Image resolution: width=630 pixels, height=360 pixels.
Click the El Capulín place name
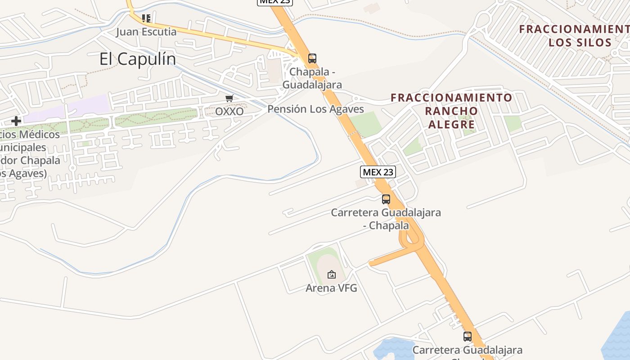(137, 59)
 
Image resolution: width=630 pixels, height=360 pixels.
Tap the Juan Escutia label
(146, 32)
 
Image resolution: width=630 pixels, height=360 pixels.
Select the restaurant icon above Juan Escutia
(146, 18)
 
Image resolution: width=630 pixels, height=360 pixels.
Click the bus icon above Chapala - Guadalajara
(312, 58)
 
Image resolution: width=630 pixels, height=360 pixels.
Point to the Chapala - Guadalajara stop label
(312, 78)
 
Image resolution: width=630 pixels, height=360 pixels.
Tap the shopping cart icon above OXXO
(229, 99)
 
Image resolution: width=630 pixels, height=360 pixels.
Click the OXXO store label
(229, 111)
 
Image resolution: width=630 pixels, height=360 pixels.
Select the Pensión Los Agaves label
(315, 109)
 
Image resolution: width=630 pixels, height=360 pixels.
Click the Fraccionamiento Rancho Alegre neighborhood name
(451, 111)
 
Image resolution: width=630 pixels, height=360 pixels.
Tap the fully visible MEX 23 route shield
(378, 171)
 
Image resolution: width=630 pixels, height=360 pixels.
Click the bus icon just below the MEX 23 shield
(386, 199)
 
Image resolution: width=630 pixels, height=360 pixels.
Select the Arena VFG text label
(331, 288)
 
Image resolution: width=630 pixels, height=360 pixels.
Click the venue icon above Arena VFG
(332, 274)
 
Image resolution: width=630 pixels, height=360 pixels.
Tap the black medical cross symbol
(16, 121)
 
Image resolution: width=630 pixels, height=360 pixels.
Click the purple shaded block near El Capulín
(67, 108)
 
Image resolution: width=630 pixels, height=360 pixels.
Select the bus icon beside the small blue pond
(468, 336)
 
